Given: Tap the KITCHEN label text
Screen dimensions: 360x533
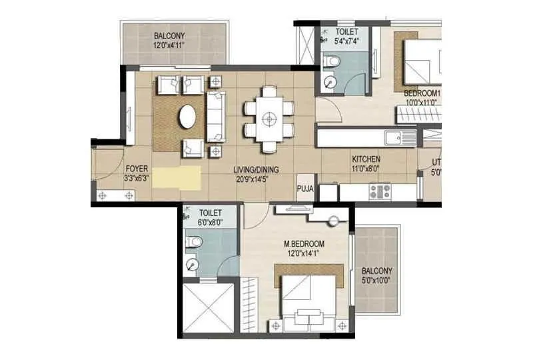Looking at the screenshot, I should tap(366, 159).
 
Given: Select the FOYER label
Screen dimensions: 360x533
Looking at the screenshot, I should tap(136, 169).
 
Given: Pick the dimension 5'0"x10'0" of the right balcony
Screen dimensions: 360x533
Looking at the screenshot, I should tap(377, 281).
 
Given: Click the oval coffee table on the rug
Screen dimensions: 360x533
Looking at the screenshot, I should tap(188, 117).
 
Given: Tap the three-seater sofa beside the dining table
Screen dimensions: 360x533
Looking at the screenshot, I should tap(216, 117).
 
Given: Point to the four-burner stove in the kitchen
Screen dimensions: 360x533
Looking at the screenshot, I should tap(380, 192).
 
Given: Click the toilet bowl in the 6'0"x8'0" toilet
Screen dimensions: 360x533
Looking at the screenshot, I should tap(193, 241).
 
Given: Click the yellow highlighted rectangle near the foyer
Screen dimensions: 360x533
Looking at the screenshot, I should tap(177, 178).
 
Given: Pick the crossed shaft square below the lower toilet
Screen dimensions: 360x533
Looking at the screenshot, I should tap(209, 307).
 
